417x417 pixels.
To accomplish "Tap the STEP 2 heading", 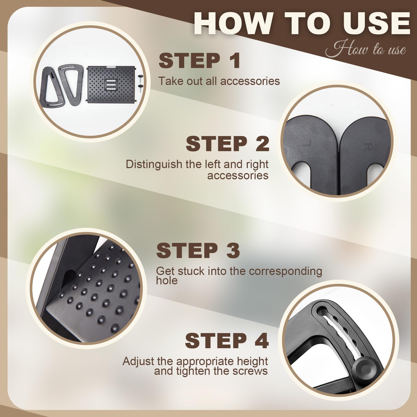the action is coord(227,144).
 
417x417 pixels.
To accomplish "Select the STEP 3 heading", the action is coord(198,250).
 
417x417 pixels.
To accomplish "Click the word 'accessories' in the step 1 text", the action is coord(250,81).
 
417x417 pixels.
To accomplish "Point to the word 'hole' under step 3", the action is coord(167,280).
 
